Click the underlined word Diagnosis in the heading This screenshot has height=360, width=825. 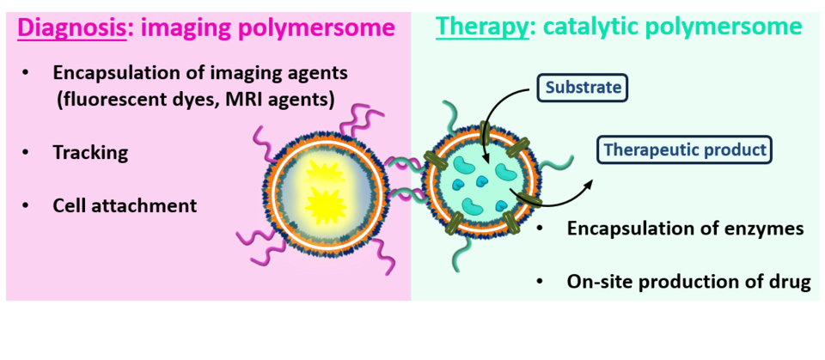70,27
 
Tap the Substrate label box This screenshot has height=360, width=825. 582,88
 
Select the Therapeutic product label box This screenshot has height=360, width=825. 684,149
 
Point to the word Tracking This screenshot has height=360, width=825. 90,153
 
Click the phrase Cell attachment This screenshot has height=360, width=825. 125,206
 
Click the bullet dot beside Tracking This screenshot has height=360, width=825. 27,154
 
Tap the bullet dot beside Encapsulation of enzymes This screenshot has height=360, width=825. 541,230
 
